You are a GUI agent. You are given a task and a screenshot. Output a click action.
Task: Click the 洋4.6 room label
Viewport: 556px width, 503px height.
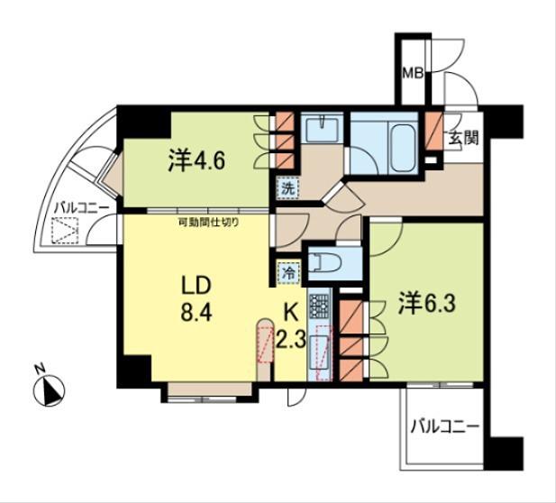point(196,161)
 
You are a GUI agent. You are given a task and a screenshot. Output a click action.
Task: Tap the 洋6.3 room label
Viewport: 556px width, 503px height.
point(426,303)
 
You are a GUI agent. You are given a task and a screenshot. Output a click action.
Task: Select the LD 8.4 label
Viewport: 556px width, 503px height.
point(196,299)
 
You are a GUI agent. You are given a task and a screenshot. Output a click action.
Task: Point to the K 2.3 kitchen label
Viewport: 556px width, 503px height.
point(291,327)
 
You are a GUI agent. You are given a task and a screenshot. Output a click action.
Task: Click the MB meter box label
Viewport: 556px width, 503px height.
point(413,73)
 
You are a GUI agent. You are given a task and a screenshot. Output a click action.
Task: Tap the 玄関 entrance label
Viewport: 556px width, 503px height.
point(464,137)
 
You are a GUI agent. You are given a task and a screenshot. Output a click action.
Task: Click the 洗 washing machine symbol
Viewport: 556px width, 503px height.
point(288,188)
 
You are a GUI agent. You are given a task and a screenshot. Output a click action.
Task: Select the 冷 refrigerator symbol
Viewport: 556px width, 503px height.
point(289,273)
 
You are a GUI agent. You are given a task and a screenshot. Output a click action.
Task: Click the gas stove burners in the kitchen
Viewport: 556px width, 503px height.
point(319,306)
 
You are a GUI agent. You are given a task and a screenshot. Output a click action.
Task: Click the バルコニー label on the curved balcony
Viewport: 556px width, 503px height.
point(81,209)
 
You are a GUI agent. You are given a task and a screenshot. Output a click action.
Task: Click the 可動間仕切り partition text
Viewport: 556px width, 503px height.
point(208,223)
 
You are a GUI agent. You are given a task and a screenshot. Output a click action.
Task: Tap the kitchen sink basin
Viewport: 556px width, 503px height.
point(319,352)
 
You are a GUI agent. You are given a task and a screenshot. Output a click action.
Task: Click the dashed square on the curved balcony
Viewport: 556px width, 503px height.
point(65,230)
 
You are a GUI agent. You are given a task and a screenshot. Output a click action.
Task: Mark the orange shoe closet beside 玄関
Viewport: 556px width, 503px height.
point(433,131)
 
